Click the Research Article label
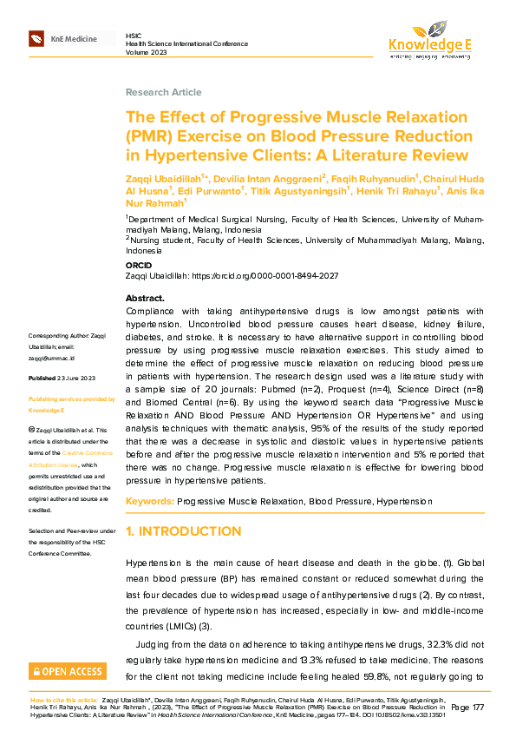tap(163, 92)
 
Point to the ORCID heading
tap(140, 265)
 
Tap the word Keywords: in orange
tap(149, 502)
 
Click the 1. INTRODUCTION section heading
tap(184, 531)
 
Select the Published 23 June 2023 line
tap(62, 379)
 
